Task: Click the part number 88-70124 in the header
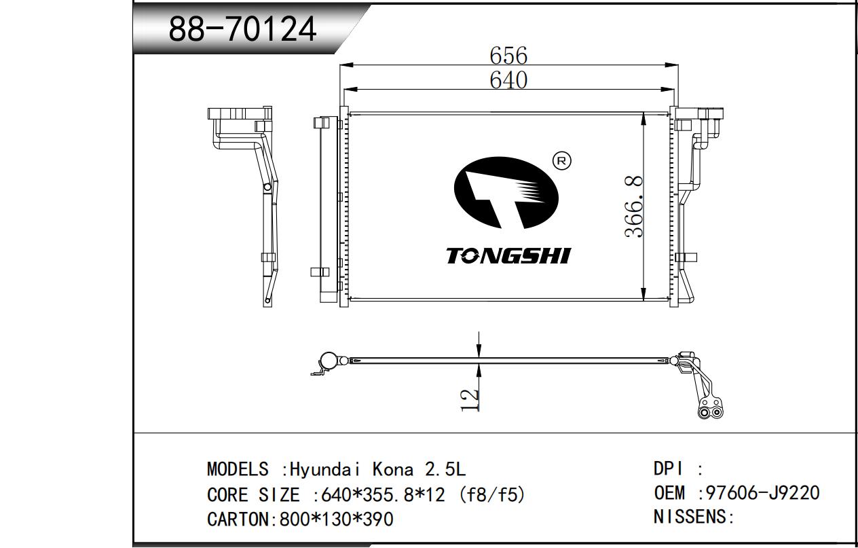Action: coord(242,29)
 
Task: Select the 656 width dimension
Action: coord(508,56)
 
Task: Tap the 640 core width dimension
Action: coord(508,81)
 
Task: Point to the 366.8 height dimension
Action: coord(633,206)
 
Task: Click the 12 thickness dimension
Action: coord(470,401)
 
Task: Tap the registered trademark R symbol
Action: coord(561,161)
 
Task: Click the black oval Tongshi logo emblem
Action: coord(506,193)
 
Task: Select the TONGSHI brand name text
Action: coord(508,255)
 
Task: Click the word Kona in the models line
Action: coord(393,469)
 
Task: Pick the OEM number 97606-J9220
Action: coord(762,493)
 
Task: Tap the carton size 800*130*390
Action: coord(336,519)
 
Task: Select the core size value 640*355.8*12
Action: coord(383,495)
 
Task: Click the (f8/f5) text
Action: coord(492,495)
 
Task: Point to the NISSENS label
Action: coord(689,517)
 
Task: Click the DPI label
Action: coord(668,469)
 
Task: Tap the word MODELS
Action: coord(238,469)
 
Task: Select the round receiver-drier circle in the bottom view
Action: coord(328,360)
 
